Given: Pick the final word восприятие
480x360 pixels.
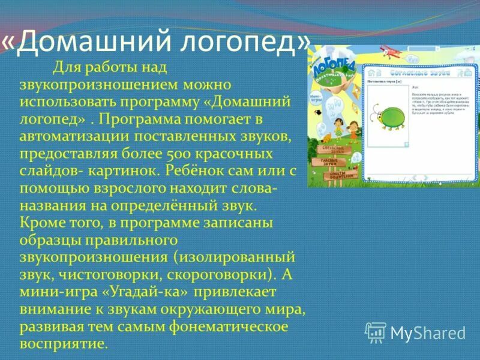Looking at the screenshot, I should pos(63,344).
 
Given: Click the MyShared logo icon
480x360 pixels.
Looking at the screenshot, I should pos(376,332).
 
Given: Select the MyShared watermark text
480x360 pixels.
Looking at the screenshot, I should pos(428,333).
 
